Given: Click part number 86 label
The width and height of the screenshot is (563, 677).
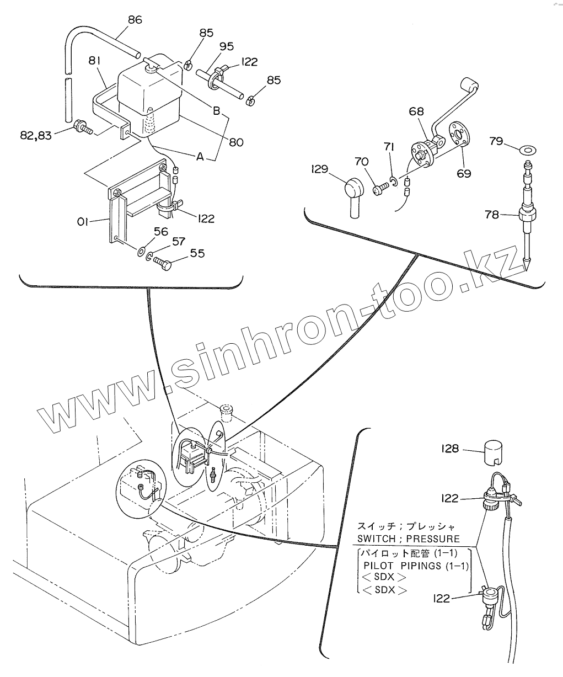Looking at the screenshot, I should pos(135,20).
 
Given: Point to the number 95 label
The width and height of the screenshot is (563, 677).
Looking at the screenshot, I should pos(226,46).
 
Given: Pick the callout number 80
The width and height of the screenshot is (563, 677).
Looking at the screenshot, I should pos(236,142).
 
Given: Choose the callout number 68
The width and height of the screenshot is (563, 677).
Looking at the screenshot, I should pos(417,111).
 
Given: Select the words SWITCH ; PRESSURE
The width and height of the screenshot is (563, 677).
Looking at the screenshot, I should pos(409,539).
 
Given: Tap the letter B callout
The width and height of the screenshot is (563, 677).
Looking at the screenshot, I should pos(217,110).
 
